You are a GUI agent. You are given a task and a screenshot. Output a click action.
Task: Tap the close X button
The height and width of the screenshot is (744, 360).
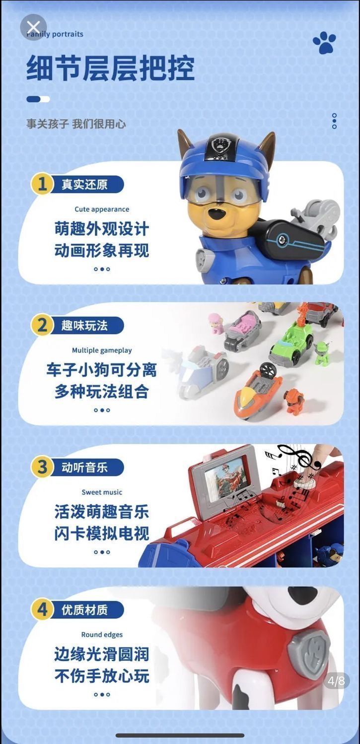(33, 27)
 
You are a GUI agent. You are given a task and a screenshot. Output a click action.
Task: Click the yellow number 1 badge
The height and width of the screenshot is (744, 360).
(42, 184)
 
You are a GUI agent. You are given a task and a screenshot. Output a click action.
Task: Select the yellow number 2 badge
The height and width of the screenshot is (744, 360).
(42, 325)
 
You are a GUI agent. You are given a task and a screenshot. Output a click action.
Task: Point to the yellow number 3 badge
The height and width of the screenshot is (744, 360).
(42, 467)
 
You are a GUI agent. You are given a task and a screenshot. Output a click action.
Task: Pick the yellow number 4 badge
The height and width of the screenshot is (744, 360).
(42, 609)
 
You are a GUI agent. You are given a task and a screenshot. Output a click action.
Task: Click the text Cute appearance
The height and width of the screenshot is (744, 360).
(102, 209)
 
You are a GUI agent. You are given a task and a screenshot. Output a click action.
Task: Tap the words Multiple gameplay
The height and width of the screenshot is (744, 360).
(102, 350)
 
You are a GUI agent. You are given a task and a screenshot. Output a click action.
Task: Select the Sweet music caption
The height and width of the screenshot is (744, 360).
(102, 492)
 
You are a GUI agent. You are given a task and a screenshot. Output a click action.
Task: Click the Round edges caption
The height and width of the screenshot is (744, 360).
(102, 634)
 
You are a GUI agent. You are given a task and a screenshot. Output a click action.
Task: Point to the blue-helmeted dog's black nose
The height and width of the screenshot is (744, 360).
(218, 214)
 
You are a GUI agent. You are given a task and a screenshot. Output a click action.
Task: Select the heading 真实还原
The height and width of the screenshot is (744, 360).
(84, 184)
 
